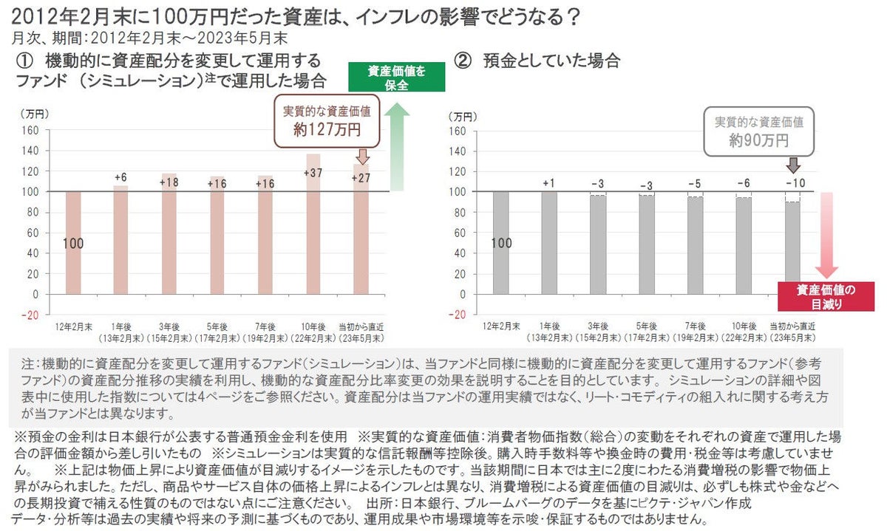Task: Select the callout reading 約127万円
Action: [327, 121]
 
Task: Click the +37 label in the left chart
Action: [313, 173]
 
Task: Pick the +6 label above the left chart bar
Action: [121, 177]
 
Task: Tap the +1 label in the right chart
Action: [548, 182]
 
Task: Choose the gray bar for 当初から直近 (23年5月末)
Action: [792, 247]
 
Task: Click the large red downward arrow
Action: [826, 235]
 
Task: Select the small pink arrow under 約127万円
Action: [361, 157]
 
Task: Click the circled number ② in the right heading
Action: [463, 61]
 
